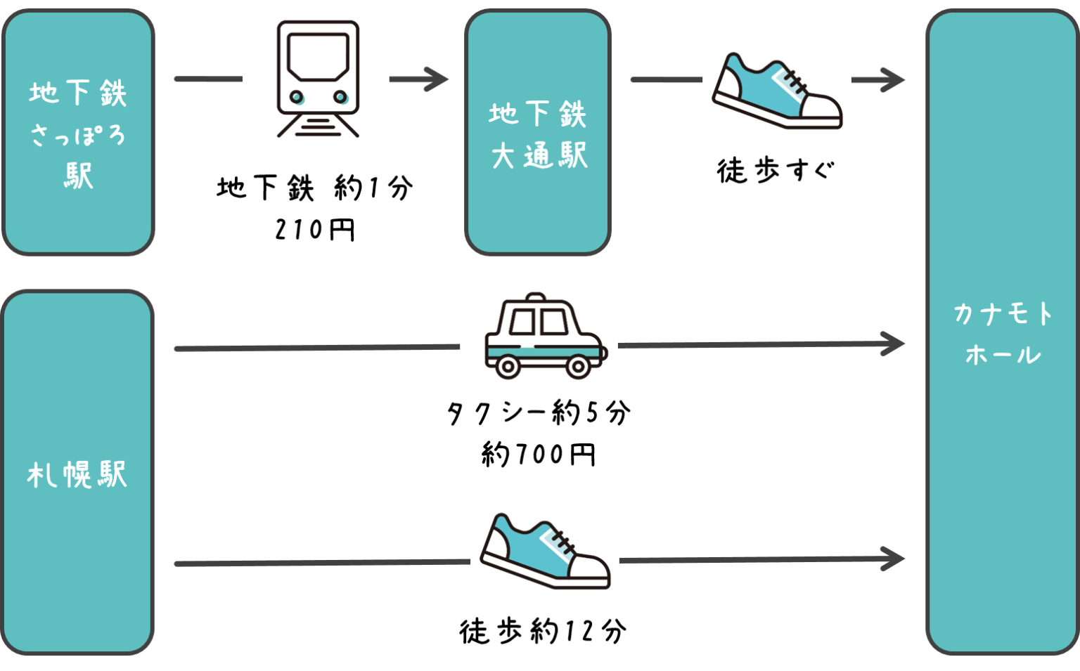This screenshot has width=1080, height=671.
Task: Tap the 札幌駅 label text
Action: coord(77,475)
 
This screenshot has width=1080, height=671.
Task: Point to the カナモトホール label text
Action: coord(1003,334)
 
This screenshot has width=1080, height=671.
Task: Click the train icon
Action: coord(316,79)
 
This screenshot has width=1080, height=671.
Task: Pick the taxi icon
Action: coord(539,334)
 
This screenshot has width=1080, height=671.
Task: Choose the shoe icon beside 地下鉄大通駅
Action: coord(776,89)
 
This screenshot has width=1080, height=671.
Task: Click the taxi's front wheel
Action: coord(578,366)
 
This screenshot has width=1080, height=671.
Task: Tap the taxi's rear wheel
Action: coord(508,366)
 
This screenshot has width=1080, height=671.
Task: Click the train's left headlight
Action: coord(297,97)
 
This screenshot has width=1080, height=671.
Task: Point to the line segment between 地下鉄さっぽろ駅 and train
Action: coord(207,79)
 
